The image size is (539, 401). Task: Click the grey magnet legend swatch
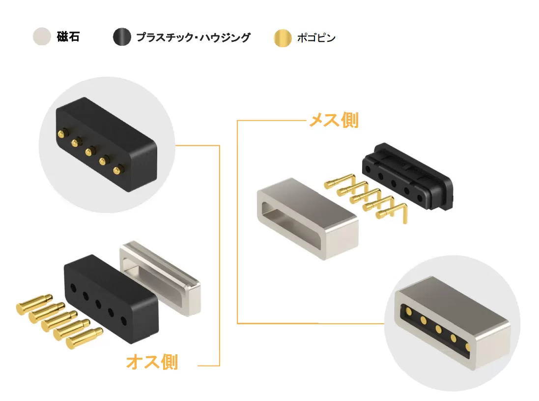pos(42,37)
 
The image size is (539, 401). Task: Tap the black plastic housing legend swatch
pos(122,37)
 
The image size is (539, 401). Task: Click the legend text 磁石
pos(68,37)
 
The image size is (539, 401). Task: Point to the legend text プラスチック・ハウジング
pos(193,37)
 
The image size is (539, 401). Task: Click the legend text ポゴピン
pos(316,38)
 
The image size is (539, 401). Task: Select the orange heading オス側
pos(152,362)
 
